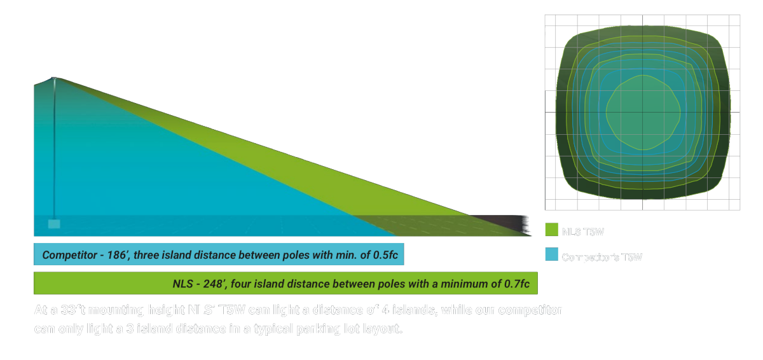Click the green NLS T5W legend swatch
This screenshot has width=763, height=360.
click(551, 232)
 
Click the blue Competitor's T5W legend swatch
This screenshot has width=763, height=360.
click(551, 256)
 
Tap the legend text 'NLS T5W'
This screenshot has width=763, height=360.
click(582, 232)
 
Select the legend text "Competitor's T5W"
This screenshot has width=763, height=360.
click(602, 257)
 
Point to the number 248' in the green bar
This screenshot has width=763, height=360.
click(212, 284)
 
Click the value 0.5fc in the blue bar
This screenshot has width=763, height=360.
click(385, 255)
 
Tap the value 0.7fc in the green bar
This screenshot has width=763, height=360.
click(515, 284)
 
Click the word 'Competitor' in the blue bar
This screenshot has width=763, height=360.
click(67, 255)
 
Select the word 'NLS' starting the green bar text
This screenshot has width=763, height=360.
click(182, 284)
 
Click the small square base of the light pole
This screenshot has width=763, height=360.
click(54, 224)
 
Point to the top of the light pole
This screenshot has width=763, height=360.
click(54, 78)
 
